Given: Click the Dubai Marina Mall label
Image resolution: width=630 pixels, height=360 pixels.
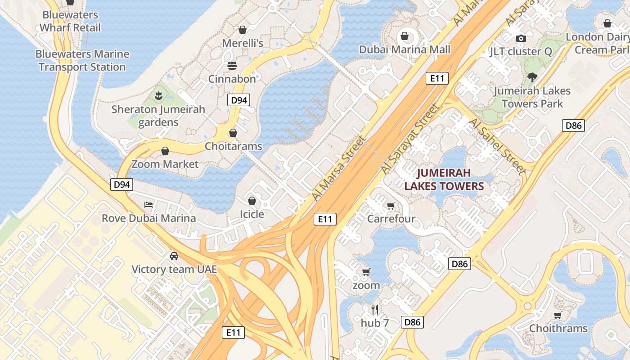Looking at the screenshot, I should pyautogui.click(x=405, y=49).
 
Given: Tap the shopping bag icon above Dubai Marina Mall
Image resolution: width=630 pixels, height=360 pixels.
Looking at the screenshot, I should pyautogui.click(x=405, y=36).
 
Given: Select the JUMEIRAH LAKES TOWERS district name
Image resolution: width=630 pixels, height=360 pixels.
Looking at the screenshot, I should pyautogui.click(x=444, y=180).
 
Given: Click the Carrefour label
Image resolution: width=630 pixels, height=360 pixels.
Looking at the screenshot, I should pyautogui.click(x=391, y=219).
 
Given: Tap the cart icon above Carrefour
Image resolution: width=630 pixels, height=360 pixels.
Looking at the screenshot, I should pyautogui.click(x=391, y=206).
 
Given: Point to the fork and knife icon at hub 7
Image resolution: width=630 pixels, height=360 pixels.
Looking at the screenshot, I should pyautogui.click(x=374, y=309).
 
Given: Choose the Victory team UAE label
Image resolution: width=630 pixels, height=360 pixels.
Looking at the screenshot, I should pyautogui.click(x=174, y=270).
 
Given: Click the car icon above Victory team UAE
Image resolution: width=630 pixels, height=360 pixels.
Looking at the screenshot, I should pyautogui.click(x=174, y=256).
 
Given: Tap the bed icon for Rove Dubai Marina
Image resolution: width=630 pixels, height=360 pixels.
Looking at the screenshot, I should pyautogui.click(x=148, y=205).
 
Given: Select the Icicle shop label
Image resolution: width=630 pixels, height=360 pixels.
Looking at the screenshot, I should pyautogui.click(x=252, y=214).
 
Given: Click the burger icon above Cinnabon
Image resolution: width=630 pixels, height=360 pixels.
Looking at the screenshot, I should pyautogui.click(x=232, y=66).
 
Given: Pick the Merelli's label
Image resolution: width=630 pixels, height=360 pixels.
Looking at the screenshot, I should pyautogui.click(x=243, y=43).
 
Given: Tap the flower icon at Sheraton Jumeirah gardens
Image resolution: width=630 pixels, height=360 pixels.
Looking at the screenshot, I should pyautogui.click(x=158, y=95).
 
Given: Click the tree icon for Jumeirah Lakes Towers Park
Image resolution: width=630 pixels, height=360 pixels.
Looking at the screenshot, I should pyautogui.click(x=532, y=77).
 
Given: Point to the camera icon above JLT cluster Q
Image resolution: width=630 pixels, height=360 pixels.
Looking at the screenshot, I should pyautogui.click(x=521, y=38).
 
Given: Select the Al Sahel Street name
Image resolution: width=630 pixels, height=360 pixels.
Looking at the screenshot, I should pyautogui.click(x=497, y=146).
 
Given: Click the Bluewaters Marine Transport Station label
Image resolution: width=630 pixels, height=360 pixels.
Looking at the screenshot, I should pyautogui.click(x=82, y=61).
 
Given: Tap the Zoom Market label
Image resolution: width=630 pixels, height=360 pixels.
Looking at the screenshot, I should pyautogui.click(x=165, y=164).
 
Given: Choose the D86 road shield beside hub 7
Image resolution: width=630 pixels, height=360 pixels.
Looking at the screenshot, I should pyautogui.click(x=412, y=322).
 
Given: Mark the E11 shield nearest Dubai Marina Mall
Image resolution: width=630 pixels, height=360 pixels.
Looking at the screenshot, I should pyautogui.click(x=436, y=78).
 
